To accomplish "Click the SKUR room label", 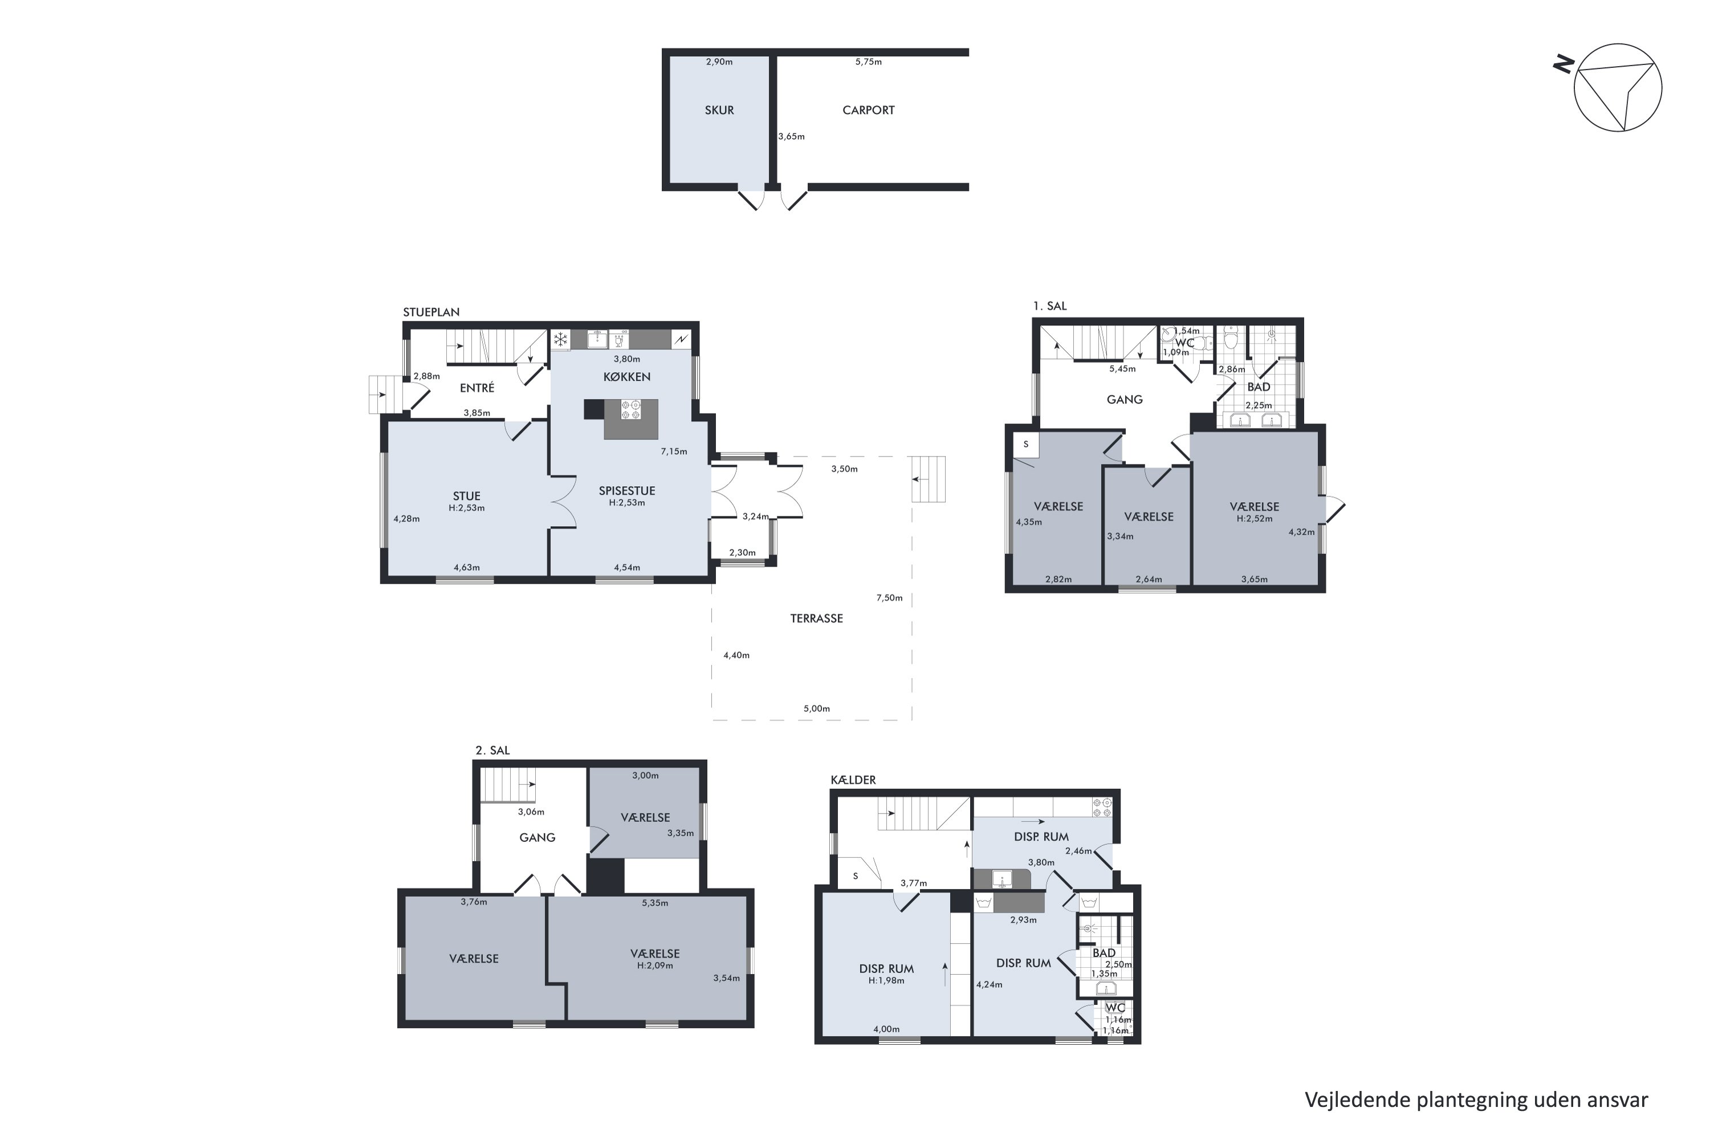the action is point(719,111).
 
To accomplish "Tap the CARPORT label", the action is point(868,111).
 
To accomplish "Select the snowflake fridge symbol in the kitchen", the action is point(560,340).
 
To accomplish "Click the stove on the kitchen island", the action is point(630,409).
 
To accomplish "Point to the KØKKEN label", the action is point(626,377).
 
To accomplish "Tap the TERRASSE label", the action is point(816,618).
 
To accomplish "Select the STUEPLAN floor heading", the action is point(431,312).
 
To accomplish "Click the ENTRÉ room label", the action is point(477,388).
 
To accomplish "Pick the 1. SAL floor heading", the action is point(1050,306).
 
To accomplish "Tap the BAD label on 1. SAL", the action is point(1259,388).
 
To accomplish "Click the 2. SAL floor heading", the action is point(492,750).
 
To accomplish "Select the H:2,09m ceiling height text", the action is point(655,966).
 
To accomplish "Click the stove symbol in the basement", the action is point(1101,805).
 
